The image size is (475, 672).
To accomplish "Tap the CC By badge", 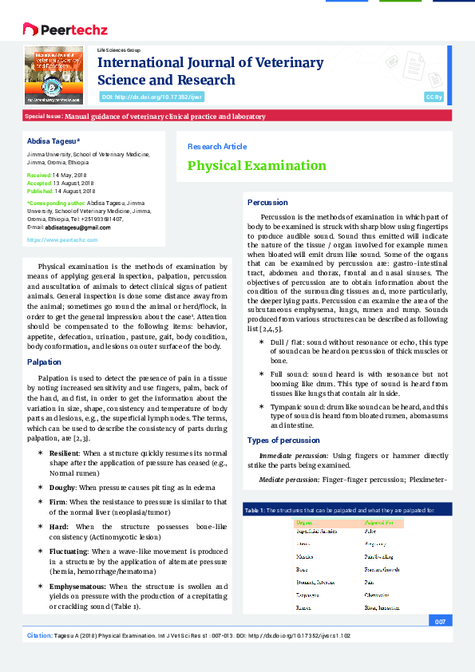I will click(433, 97).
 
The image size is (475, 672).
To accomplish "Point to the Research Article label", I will click(216, 147).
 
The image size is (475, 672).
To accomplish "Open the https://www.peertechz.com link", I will click(62, 239).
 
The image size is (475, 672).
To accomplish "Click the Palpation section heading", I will click(44, 362).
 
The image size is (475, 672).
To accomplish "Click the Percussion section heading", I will click(267, 203).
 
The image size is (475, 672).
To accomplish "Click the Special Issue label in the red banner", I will click(44, 117).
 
